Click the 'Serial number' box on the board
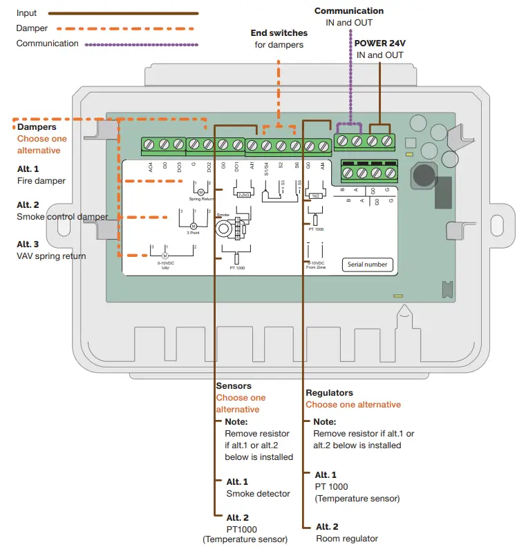(x=367, y=264)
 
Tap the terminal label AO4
(x=150, y=166)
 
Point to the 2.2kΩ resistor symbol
(x=243, y=195)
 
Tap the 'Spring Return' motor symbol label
(x=201, y=198)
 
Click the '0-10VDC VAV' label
(x=165, y=265)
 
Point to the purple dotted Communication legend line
(x=141, y=44)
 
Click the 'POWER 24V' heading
(x=379, y=43)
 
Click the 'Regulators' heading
(x=329, y=392)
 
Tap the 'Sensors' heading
(x=234, y=386)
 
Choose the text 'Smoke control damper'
(x=62, y=217)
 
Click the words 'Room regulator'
(x=346, y=538)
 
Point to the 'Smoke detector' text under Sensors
(x=255, y=493)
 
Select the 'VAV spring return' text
(x=51, y=256)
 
